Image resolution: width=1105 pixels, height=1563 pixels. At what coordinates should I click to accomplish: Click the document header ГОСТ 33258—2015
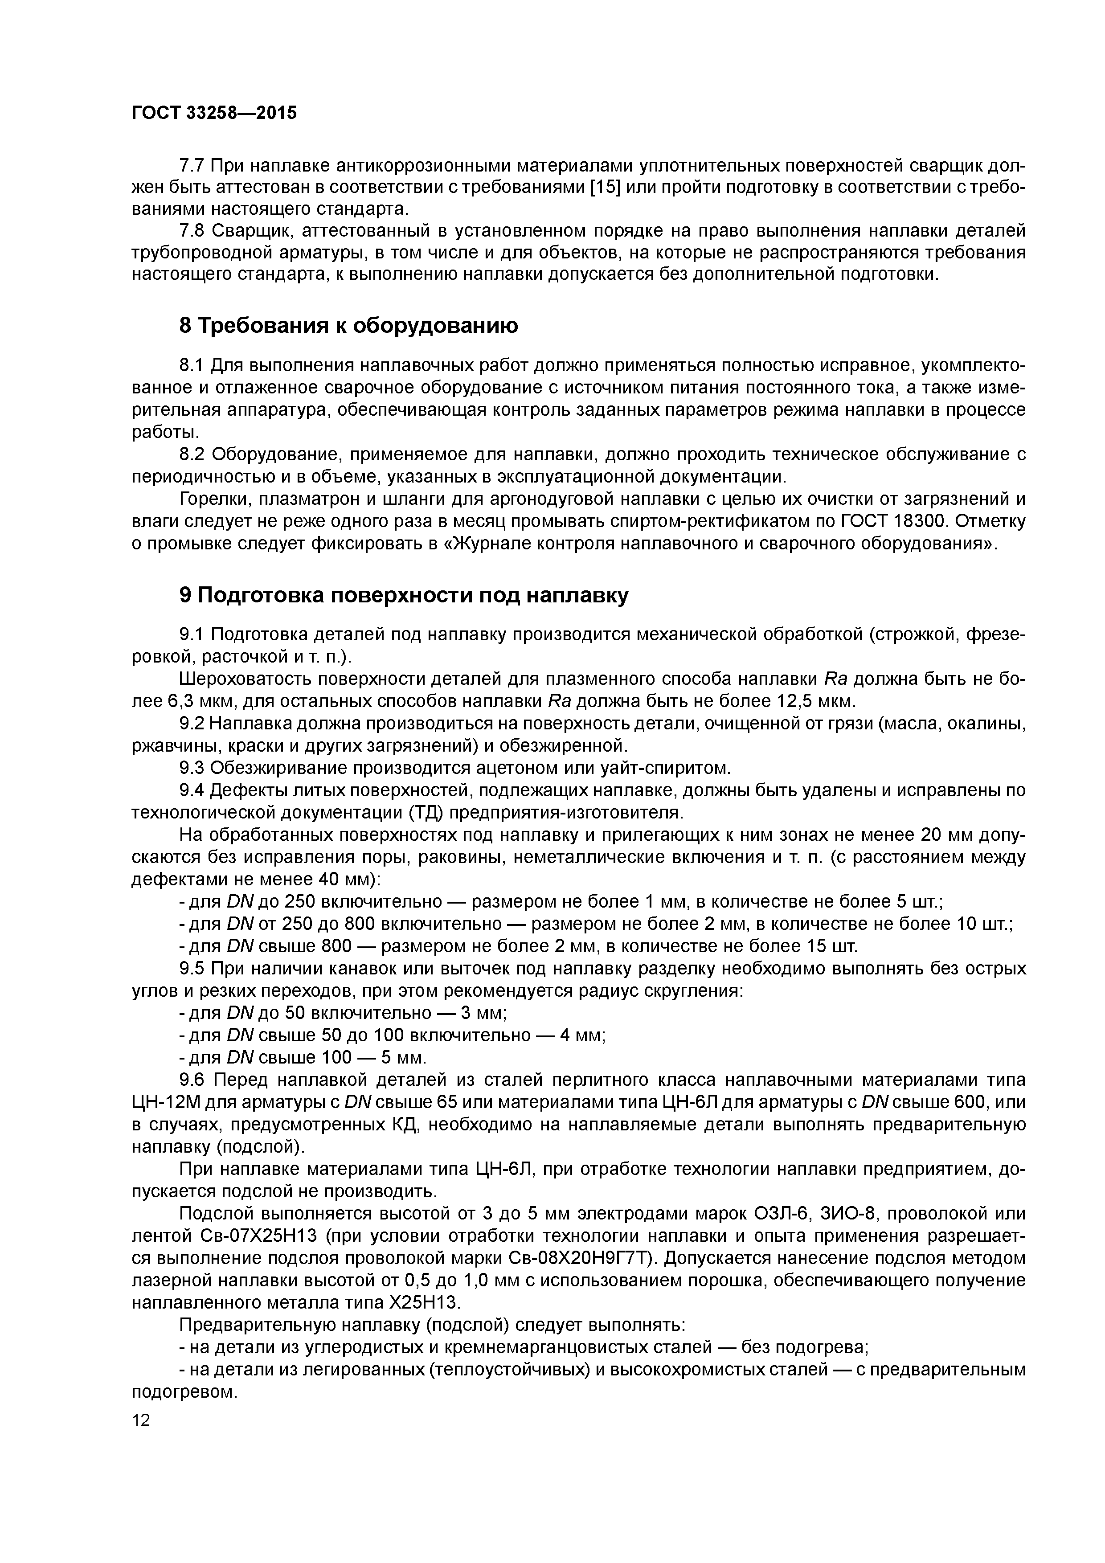coord(214,113)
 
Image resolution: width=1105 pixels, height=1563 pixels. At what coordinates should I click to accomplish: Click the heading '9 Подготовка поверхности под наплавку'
coord(404,595)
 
